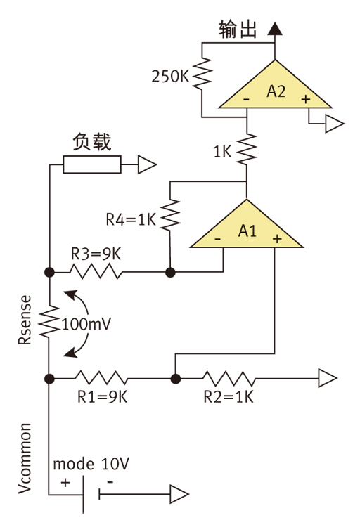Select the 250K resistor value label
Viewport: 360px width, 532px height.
pyautogui.click(x=170, y=75)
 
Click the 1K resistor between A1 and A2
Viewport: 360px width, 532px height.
pyautogui.click(x=246, y=149)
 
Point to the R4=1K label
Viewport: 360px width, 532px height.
pyautogui.click(x=131, y=219)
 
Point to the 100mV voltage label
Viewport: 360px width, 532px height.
pyautogui.click(x=90, y=325)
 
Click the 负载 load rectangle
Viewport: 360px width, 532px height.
pyautogui.click(x=91, y=165)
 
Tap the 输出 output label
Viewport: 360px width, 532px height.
pyautogui.click(x=238, y=30)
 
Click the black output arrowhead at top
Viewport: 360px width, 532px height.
pyautogui.click(x=275, y=29)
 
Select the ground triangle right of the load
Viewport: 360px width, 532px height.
pyautogui.click(x=146, y=165)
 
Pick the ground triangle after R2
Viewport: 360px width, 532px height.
pyautogui.click(x=328, y=378)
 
